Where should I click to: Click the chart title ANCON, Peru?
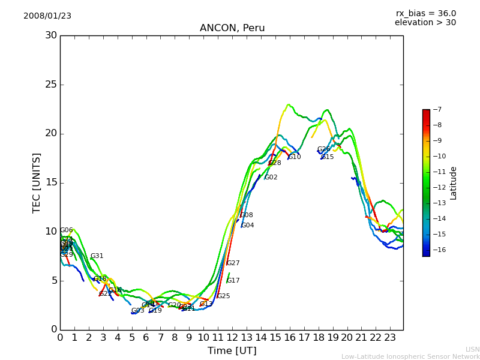[232, 28]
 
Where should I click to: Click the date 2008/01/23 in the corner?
[47, 16]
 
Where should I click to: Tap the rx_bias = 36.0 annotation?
[425, 13]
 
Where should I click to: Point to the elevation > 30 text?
[425, 23]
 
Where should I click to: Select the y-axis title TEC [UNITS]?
[37, 182]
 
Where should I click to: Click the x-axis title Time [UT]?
[232, 350]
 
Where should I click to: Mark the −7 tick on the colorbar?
[437, 110]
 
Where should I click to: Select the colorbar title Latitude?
[454, 183]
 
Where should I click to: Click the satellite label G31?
[97, 256]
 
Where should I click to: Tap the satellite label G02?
[271, 178]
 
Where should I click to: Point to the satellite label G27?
[233, 263]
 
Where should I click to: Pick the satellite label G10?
[295, 157]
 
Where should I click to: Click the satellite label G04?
[247, 226]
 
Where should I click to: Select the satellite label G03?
[137, 311]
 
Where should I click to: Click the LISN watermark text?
[472, 349]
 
